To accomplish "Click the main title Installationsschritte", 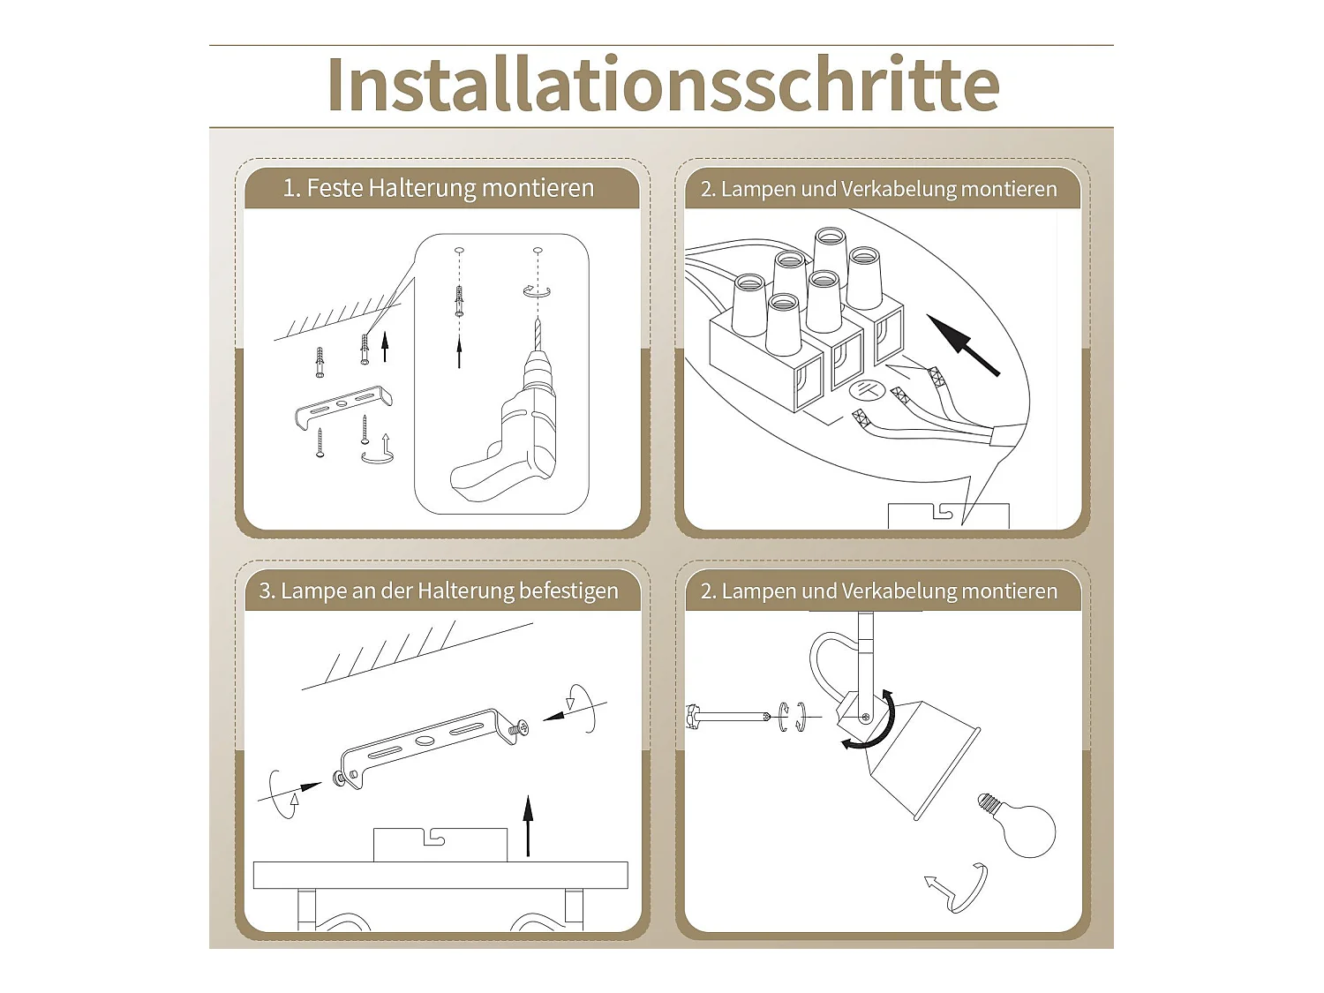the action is [x=664, y=84].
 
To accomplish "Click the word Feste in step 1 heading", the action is [x=335, y=188].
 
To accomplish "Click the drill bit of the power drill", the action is [x=538, y=334].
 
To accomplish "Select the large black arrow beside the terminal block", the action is [x=963, y=345].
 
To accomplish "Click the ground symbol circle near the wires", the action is [x=867, y=391].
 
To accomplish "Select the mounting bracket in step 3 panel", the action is [x=425, y=747].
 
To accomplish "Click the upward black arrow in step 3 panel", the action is [x=529, y=825].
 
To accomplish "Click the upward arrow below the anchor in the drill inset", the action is [x=459, y=352].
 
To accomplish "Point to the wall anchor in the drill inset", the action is [x=460, y=301].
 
